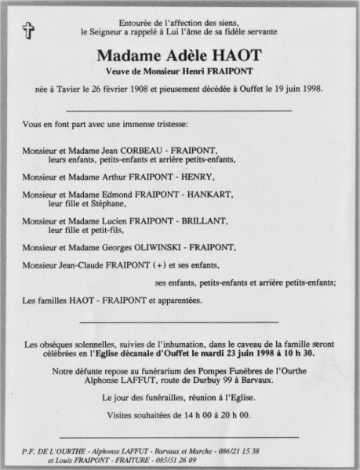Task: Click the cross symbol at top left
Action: [29, 31]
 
